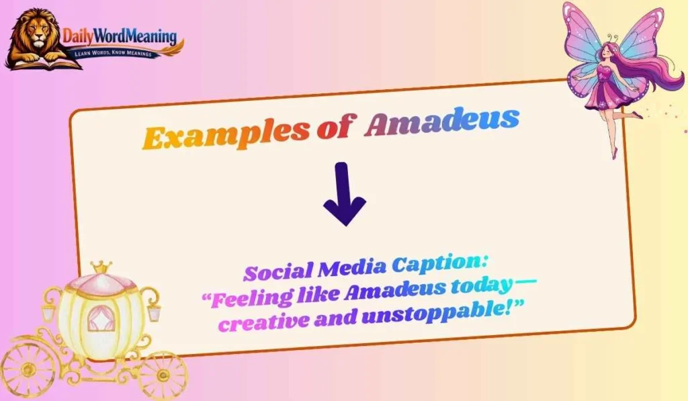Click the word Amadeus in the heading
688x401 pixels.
pos(441,122)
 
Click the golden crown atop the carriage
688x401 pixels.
pos(101,268)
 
